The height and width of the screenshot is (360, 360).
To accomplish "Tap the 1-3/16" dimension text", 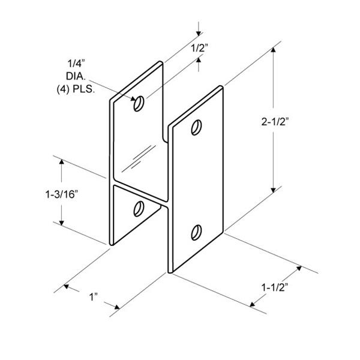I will (61, 194).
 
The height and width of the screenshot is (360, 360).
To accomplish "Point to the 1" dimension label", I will (92, 297).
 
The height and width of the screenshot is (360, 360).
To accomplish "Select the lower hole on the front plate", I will (196, 231).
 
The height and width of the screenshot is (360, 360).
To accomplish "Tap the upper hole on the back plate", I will (139, 104).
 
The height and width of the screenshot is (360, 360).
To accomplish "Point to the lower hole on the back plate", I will (139, 208).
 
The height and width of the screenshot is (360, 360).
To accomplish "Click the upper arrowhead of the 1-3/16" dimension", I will (61, 160).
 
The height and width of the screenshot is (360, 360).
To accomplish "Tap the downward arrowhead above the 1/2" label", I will (199, 31).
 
